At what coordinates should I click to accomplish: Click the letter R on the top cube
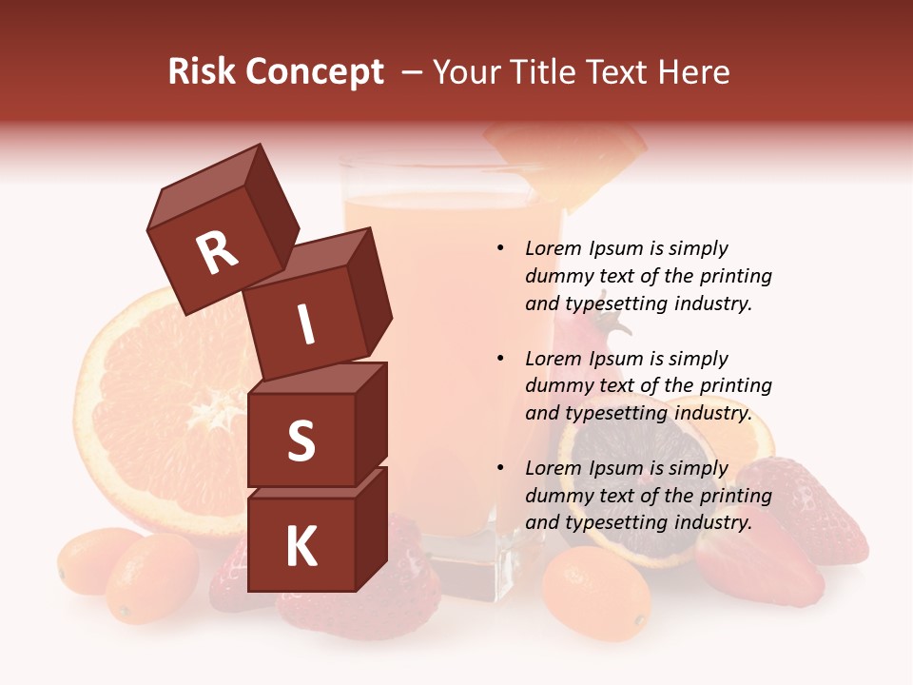(x=217, y=253)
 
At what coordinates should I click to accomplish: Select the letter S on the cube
(x=301, y=441)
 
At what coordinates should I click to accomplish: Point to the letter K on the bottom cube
(x=301, y=547)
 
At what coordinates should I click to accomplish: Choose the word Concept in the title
(x=314, y=71)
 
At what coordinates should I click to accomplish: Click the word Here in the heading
(x=691, y=71)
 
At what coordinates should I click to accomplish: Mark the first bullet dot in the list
(x=500, y=248)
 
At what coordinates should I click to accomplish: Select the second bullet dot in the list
(x=500, y=359)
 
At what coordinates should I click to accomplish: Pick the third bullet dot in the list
(x=500, y=468)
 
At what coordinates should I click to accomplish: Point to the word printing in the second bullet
(x=736, y=386)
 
